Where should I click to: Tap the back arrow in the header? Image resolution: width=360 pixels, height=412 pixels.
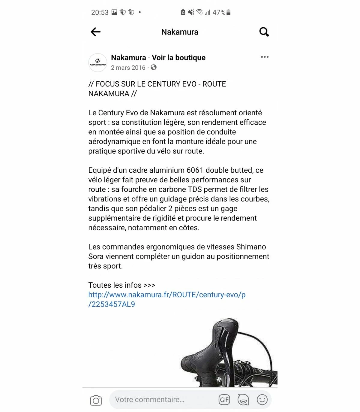coord(96,32)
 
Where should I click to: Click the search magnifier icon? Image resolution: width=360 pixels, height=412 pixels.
coord(264,32)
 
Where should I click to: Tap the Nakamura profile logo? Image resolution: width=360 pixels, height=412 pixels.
coord(98,63)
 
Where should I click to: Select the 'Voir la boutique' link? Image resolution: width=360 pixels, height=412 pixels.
coord(178,58)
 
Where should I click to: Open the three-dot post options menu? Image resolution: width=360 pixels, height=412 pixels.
coord(265,57)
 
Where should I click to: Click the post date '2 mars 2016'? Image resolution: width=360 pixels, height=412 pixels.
coord(128,68)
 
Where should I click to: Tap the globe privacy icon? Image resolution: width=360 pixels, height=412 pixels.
coord(154,68)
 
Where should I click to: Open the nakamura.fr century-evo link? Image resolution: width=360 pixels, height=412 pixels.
coord(166,295)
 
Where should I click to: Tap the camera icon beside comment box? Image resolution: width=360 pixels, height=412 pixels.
coord(96,400)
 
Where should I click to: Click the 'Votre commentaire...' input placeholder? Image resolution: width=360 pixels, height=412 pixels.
coord(150,400)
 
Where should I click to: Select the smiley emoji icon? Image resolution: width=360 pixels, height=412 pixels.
coord(262,400)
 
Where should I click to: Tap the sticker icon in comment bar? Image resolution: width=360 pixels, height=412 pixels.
coord(243,400)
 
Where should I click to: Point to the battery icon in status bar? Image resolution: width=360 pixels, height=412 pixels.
coord(229,12)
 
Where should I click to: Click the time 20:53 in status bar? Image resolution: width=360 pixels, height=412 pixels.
coord(100,12)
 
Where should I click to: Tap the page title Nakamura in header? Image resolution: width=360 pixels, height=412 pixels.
coord(180,32)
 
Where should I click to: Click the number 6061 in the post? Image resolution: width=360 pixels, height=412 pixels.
coord(195,170)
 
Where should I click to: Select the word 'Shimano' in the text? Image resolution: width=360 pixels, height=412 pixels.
coord(251,247)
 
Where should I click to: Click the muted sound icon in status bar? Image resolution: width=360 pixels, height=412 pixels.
coord(191,12)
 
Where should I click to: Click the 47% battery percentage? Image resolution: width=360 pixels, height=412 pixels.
coord(219,12)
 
